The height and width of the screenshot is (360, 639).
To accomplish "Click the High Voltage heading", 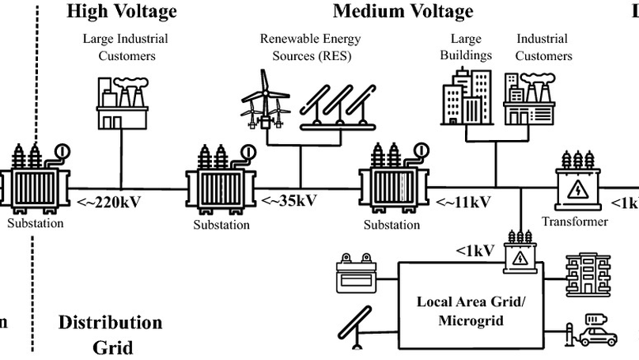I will coord(121,11).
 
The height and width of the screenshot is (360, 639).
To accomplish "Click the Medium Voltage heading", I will coord(403,11).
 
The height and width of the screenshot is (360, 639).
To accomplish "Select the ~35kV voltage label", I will coord(289,200).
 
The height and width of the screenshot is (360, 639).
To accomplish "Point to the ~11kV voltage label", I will coord(463,201).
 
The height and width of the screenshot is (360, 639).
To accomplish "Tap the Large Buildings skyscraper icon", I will coord(467,95).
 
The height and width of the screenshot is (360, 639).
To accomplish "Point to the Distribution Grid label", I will coord(110,334).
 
